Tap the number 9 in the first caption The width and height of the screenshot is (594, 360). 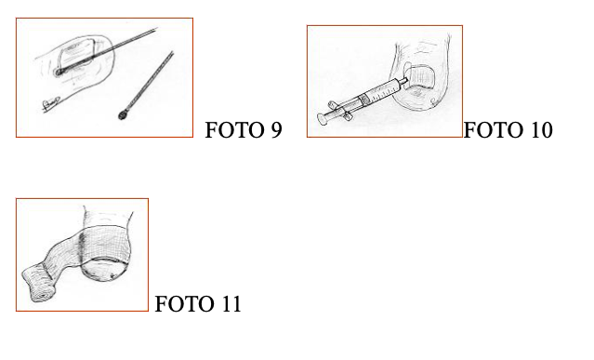[275, 130]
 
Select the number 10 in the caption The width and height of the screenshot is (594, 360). [539, 130]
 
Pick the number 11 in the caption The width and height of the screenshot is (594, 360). [230, 304]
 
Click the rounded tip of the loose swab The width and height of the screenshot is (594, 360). [124, 114]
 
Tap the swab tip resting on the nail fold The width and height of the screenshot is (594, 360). [60, 71]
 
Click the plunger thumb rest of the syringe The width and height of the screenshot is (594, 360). [323, 119]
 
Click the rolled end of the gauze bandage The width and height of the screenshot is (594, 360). [33, 283]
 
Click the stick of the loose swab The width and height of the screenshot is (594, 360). [149, 84]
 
